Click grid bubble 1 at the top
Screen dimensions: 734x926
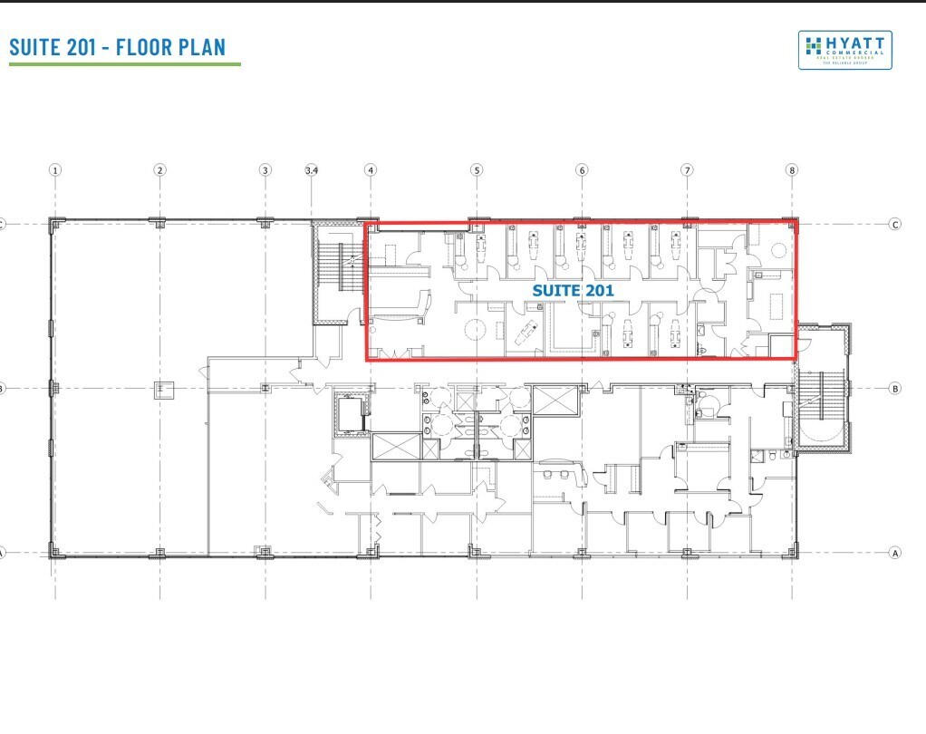55,169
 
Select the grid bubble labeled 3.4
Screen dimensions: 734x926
312,169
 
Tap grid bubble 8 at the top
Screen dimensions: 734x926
793,169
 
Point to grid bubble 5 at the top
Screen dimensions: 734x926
477,169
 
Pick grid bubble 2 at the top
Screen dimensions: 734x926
160,169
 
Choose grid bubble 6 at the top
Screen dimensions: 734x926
582,169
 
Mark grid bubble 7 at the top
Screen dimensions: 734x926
688,169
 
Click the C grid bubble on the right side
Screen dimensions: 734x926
895,224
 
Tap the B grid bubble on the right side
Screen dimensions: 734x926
895,389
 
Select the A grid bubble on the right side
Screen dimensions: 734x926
895,552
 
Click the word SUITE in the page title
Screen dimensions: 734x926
35,47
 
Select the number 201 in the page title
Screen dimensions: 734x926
88,47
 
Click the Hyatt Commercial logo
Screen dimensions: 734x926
844,50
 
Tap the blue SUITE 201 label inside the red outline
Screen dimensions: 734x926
573,291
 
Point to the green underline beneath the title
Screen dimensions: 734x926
125,64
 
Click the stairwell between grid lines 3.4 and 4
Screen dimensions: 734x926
339,272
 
